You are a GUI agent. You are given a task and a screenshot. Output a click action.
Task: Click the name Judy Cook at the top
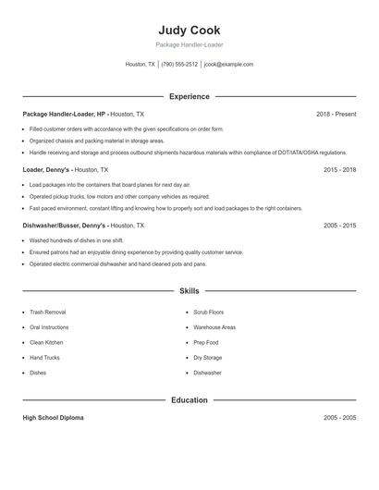189,31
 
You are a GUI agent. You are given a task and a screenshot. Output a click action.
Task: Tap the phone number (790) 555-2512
179,65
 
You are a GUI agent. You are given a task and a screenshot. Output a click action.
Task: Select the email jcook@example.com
228,65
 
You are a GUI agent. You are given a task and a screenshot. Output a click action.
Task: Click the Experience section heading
189,96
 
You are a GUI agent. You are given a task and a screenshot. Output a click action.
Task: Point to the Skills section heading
189,290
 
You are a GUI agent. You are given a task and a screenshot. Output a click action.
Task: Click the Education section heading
189,400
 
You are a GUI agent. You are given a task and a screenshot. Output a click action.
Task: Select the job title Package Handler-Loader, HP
65,114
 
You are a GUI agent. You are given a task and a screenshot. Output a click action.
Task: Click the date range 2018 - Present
336,114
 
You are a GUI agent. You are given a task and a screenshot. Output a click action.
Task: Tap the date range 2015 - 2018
339,170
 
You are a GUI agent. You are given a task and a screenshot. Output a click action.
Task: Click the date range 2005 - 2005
339,418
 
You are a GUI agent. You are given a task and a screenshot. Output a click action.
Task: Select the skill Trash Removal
47,312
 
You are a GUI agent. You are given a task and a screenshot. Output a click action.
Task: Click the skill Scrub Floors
208,312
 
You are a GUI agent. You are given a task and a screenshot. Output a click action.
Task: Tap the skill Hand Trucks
44,357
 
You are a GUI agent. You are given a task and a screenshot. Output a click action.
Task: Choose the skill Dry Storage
207,357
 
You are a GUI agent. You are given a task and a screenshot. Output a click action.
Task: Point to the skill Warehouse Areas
214,327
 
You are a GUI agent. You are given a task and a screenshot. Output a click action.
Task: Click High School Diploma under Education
53,418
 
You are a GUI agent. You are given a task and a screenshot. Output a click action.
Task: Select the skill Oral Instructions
49,327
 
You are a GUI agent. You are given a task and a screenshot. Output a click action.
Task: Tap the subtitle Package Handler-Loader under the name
189,44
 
